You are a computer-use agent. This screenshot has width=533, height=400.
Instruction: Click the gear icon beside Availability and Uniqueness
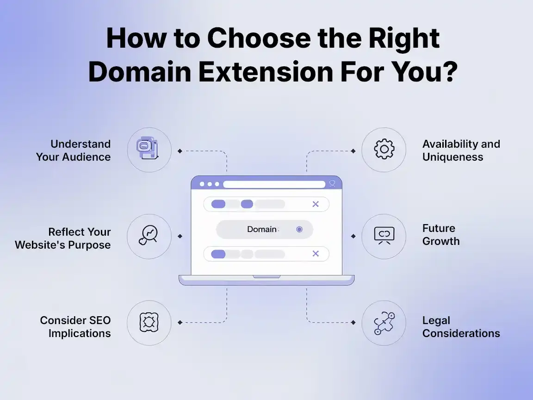384,150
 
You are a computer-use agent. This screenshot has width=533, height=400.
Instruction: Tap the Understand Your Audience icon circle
149,150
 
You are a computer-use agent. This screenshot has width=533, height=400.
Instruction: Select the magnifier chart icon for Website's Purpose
149,236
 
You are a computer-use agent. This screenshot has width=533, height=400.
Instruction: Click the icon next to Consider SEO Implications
149,322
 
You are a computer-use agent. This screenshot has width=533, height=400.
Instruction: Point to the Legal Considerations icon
384,322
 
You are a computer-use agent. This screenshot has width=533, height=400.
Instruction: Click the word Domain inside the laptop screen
261,229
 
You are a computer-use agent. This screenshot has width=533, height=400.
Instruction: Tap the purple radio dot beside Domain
299,229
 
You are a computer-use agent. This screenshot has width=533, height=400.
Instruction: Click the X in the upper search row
316,204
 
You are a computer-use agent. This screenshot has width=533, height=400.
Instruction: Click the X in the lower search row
316,254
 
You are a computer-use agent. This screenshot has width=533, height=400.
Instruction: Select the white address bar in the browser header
274,184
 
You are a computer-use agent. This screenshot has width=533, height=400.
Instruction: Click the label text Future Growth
440,235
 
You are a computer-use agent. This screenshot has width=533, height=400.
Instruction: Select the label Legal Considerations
461,327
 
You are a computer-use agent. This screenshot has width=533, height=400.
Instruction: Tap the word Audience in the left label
87,157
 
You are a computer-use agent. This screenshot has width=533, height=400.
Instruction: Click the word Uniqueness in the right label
452,157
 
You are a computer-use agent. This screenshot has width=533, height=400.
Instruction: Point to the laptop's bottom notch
266,277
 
